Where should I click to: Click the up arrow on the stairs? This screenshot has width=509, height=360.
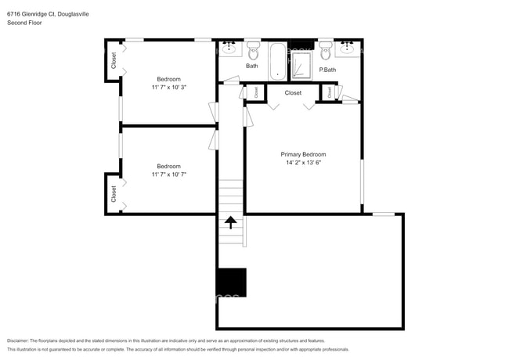point(231,222)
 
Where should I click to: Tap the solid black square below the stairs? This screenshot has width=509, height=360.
point(232,283)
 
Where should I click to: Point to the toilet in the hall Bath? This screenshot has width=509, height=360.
point(253,52)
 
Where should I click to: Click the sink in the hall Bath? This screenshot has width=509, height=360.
point(229,49)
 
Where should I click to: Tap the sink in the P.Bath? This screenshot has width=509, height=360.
point(348,49)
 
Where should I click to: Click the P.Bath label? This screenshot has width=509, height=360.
point(327,70)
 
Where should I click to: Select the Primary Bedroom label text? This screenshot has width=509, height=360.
point(303,154)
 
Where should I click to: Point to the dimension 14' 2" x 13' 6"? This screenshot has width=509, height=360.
point(303,164)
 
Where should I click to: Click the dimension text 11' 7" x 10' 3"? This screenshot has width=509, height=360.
point(168,88)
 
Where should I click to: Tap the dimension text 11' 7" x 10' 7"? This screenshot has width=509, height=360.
point(168,175)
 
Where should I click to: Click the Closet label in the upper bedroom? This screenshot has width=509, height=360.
point(114,60)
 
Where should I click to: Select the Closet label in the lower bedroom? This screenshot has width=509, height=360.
point(114,193)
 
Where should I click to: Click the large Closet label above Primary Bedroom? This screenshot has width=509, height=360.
point(293,93)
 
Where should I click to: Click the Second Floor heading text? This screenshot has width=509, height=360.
point(23,23)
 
